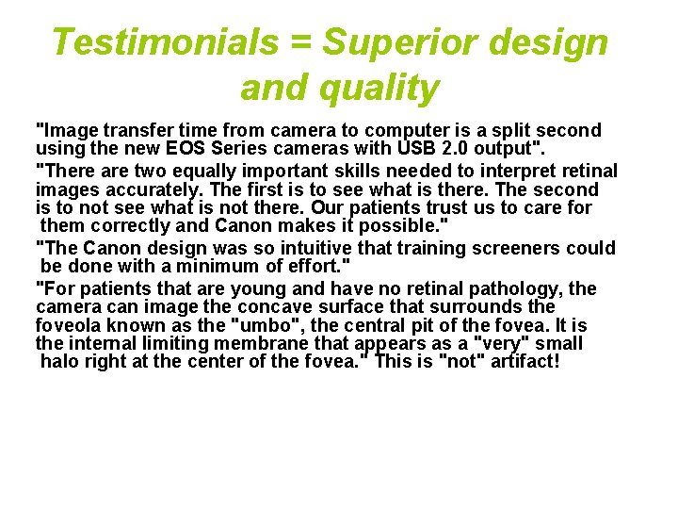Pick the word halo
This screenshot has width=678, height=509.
[x=61, y=362]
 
